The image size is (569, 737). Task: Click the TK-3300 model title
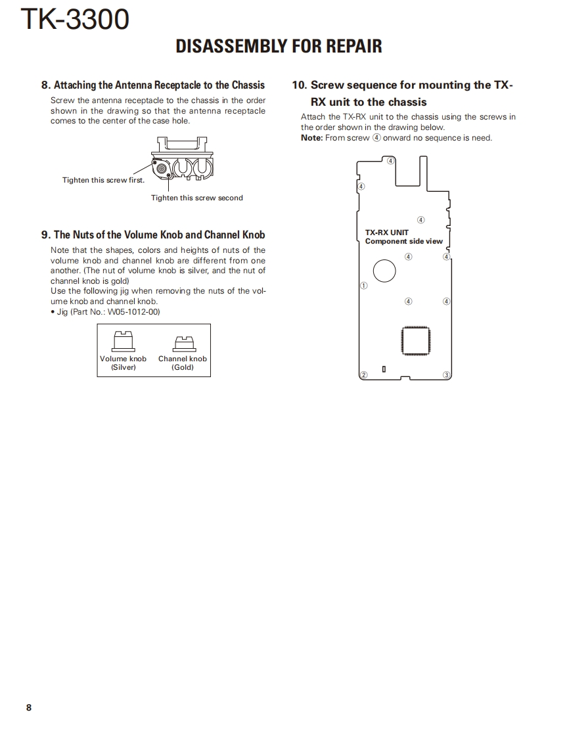[75, 20]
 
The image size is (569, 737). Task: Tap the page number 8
[28, 707]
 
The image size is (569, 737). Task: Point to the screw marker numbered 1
[363, 286]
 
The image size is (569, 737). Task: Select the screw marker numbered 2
[363, 374]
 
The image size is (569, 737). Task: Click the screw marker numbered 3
[446, 375]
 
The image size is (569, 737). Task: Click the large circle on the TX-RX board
[384, 270]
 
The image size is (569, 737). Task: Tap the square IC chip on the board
[415, 340]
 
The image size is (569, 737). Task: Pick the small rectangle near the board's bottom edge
[384, 370]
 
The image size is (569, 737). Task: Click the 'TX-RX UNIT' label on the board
[387, 233]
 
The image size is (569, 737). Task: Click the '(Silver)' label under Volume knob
[123, 367]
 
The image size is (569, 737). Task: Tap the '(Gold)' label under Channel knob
[183, 367]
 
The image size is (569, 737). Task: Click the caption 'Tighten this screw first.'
[103, 180]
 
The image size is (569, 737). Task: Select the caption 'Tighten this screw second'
[197, 198]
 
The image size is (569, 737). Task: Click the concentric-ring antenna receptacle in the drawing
[162, 168]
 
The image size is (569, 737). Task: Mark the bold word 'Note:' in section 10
[312, 138]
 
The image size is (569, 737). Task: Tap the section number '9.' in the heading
[46, 234]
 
